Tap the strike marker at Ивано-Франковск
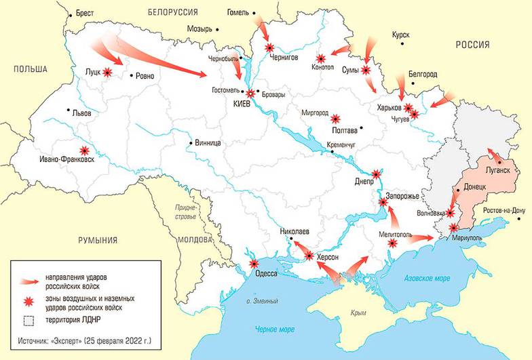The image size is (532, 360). point(85,151)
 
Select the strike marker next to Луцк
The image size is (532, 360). point(107,72)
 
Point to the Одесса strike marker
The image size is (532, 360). point(254,264)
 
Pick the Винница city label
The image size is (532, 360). point(208,143)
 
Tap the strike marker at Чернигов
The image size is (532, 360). point(271,47)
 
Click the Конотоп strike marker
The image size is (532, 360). point(321,60)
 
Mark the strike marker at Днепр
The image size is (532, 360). point(377,175)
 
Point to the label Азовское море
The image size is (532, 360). point(427,279)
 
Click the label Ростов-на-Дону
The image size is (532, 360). point(503,210)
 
